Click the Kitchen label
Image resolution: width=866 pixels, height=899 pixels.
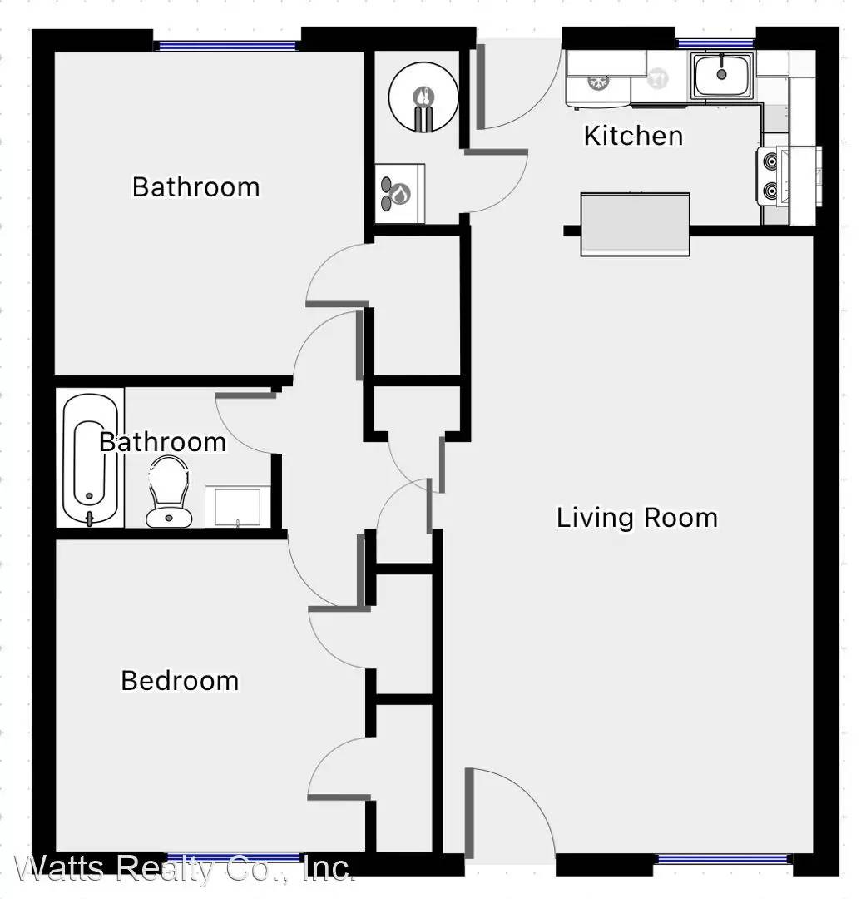[633, 136]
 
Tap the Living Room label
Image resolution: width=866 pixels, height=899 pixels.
[636, 518]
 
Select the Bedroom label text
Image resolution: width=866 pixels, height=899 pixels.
[180, 681]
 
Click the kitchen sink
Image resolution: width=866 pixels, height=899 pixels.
[721, 75]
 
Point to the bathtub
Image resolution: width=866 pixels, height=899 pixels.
[91, 459]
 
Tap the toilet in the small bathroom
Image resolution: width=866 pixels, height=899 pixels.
[169, 492]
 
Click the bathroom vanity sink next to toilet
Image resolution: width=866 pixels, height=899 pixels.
[237, 506]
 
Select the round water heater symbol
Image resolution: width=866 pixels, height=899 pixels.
[423, 97]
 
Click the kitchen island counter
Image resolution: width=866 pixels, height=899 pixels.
[635, 224]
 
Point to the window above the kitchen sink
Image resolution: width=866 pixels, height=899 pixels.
[715, 43]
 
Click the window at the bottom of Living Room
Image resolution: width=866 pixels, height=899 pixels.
[721, 859]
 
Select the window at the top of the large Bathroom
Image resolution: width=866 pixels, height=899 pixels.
[227, 46]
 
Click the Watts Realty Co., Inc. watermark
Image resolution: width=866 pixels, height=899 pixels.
[182, 868]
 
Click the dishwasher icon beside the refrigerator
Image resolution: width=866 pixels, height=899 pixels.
[659, 78]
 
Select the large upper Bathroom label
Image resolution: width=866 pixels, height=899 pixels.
[196, 187]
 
